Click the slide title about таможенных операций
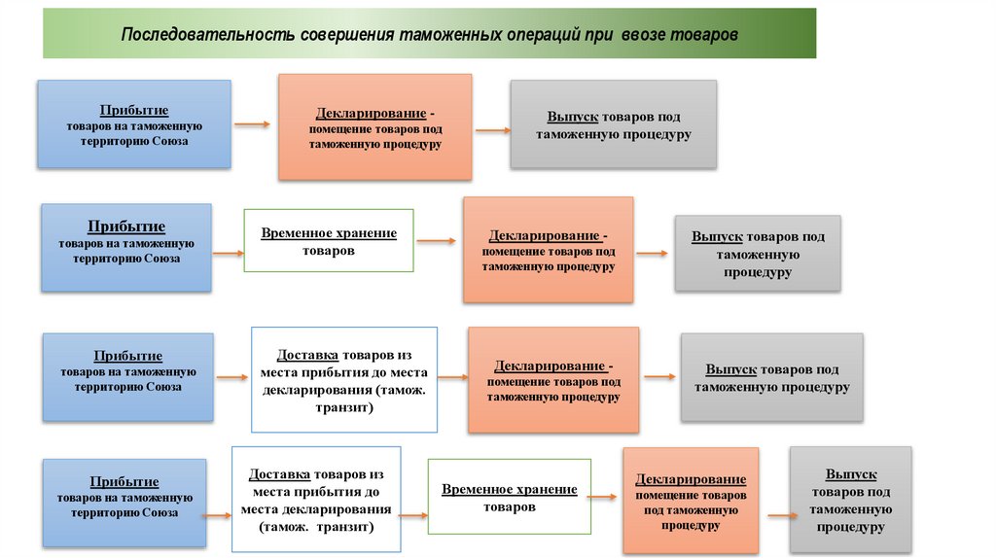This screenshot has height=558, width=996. [x=429, y=34]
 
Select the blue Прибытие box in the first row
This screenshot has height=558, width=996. [x=134, y=124]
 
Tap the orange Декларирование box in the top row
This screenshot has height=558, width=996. [x=374, y=127]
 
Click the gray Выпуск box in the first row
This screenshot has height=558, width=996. [x=613, y=124]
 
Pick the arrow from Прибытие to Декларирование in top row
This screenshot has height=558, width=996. [x=252, y=124]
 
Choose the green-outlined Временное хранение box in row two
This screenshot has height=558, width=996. [x=328, y=240]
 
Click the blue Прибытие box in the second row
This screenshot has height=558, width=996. [x=125, y=247]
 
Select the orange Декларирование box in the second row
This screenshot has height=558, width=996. [x=548, y=249]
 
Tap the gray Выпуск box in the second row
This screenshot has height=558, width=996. [x=757, y=254]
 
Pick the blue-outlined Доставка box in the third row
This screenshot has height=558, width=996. [x=344, y=379]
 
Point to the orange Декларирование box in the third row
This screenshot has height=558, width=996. [x=552, y=379]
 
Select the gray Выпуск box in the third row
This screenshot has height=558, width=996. [x=771, y=377]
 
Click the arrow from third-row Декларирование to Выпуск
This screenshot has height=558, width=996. [x=659, y=376]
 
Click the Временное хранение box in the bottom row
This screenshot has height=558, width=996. [x=509, y=498]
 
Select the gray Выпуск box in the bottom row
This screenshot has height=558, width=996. [x=850, y=500]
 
